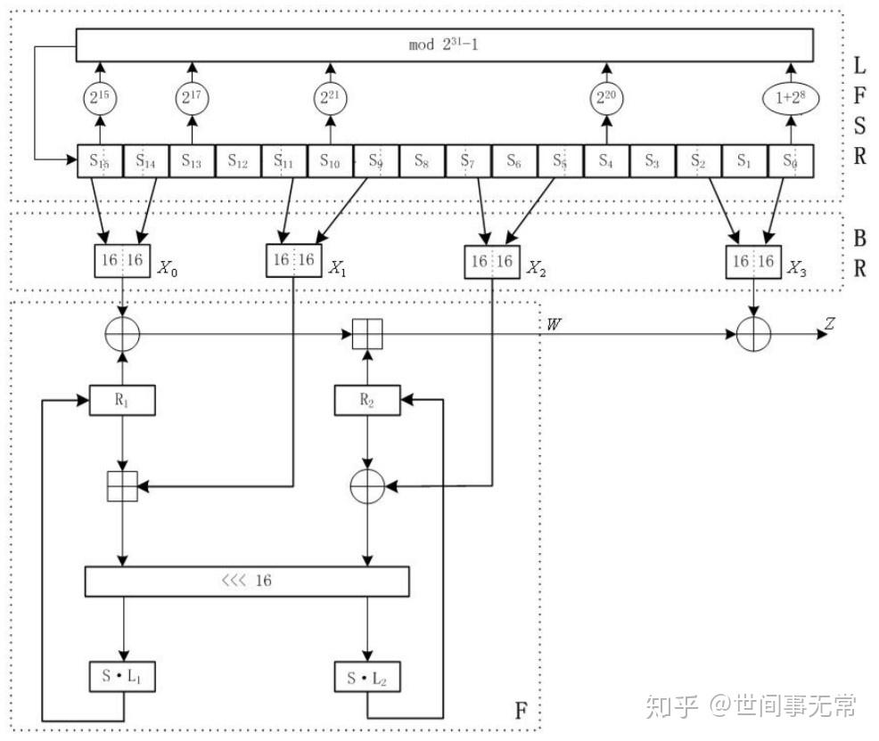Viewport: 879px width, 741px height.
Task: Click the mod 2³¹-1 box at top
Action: (x=445, y=45)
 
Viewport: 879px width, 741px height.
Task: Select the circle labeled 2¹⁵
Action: (x=100, y=99)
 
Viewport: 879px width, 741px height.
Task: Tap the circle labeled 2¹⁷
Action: (x=192, y=99)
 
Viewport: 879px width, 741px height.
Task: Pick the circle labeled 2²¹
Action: (x=330, y=99)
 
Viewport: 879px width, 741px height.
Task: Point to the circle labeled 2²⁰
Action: (x=606, y=99)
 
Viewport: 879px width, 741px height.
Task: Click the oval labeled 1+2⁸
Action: (x=790, y=99)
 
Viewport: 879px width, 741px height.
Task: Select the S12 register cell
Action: (x=238, y=161)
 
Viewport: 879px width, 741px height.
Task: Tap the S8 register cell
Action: (x=422, y=161)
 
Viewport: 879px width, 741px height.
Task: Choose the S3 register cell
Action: (x=652, y=161)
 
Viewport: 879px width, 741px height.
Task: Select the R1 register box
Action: (x=123, y=401)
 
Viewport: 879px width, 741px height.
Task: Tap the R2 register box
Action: (x=366, y=401)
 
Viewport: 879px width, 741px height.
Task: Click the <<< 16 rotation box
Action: (x=247, y=581)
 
